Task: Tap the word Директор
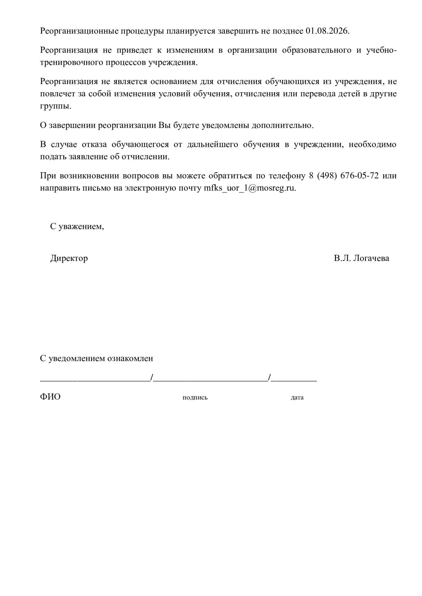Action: [x=69, y=258]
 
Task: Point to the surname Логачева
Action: [x=371, y=258]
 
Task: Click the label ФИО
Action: [x=50, y=397]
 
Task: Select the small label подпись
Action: [x=195, y=397]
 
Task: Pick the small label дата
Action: [x=297, y=397]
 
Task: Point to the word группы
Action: [x=55, y=106]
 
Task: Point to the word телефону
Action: [x=287, y=175]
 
